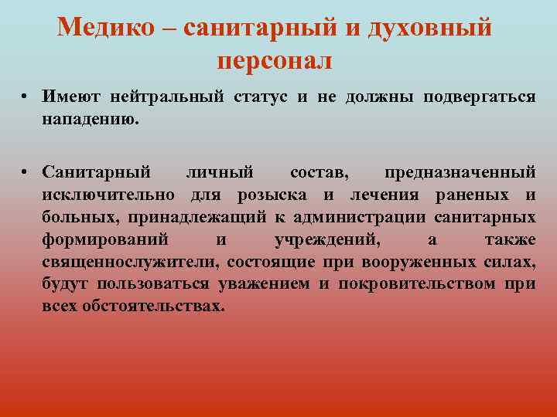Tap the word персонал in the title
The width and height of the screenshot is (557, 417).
click(x=275, y=60)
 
